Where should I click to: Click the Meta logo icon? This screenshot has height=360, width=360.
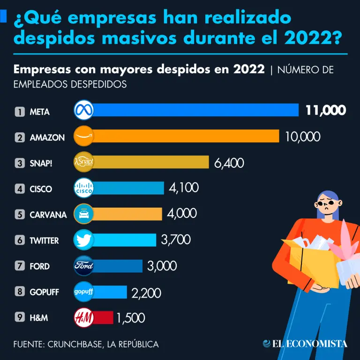[x=84, y=111]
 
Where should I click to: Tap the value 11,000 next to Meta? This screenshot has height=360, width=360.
[x=326, y=111]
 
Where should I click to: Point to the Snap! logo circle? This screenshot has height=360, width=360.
[x=84, y=162]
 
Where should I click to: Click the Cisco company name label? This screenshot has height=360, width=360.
[x=41, y=189]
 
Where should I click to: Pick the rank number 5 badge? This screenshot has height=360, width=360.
[x=20, y=215]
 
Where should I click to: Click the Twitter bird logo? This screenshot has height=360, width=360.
[x=84, y=240]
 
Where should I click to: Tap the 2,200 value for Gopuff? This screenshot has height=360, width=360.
[x=146, y=293]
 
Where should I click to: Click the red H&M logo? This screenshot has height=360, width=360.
[x=84, y=318]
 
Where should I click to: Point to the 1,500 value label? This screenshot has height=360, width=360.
[x=131, y=319]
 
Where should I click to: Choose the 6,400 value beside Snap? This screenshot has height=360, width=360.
[x=229, y=163]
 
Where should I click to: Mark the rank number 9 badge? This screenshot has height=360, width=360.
[x=20, y=317]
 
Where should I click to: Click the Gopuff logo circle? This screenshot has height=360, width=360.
[x=84, y=292]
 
